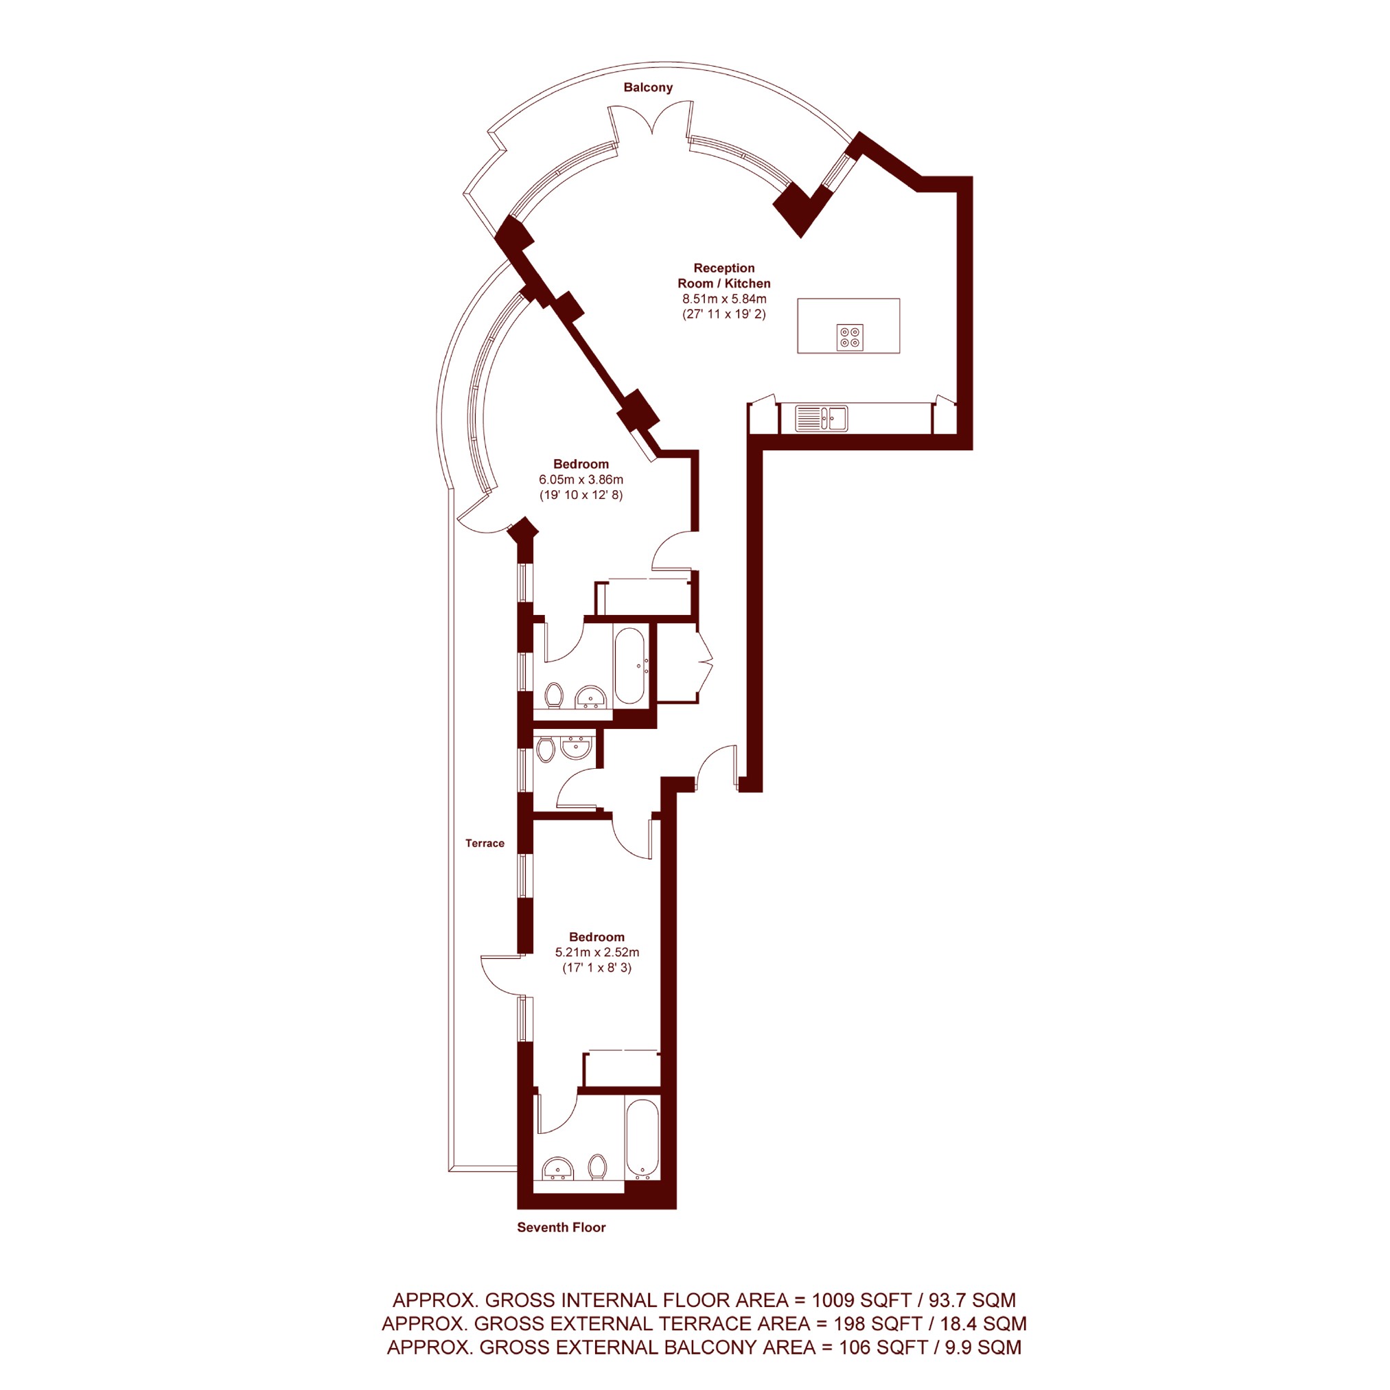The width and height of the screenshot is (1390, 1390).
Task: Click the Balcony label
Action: (x=647, y=87)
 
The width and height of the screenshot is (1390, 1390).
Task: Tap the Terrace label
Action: (x=484, y=842)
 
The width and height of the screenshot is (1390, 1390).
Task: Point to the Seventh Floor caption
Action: (x=561, y=1227)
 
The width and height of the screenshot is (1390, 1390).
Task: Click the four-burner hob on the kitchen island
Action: (x=850, y=338)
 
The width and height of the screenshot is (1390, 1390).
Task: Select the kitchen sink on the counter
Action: (x=822, y=418)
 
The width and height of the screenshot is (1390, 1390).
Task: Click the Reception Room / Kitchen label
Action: (x=723, y=275)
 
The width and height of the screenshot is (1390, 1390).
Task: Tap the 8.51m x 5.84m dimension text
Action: (x=723, y=299)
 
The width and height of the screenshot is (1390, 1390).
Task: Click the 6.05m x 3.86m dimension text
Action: (x=581, y=479)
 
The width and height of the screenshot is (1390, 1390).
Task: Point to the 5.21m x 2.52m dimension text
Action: (x=596, y=952)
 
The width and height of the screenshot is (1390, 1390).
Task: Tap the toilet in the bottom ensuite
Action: (x=597, y=1166)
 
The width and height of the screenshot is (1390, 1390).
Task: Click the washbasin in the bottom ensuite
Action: (x=557, y=1168)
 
